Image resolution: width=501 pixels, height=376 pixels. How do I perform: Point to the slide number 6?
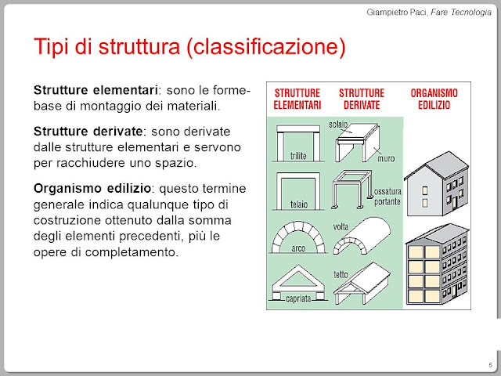point(489,366)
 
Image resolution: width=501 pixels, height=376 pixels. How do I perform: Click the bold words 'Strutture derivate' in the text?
point(88,129)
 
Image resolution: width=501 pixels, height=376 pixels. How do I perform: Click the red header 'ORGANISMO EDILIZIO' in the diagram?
point(434,99)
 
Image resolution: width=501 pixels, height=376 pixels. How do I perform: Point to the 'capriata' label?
point(301,298)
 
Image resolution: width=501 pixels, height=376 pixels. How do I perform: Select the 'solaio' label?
point(338,125)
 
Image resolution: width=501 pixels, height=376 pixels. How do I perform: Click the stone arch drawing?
point(301,233)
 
